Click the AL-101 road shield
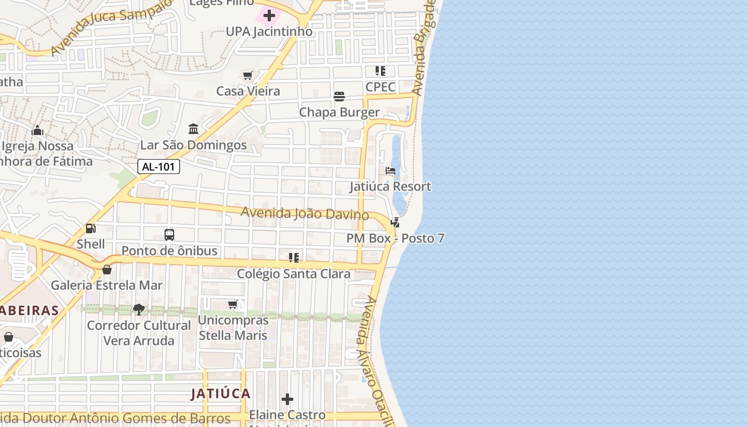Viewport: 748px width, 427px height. tap(159, 167)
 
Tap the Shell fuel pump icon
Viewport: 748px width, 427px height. tap(91, 229)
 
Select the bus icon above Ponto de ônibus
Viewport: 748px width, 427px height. tap(169, 235)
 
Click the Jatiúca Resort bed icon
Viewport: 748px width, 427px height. tap(391, 171)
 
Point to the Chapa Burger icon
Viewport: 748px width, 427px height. tap(339, 97)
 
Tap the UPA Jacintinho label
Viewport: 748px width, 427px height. tap(269, 31)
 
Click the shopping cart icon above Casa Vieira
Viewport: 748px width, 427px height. tap(247, 76)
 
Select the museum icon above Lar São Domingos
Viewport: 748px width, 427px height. tap(193, 129)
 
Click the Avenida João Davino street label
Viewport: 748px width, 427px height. tap(305, 213)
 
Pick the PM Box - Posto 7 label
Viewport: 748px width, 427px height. tap(395, 239)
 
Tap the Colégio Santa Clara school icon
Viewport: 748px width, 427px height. tap(293, 258)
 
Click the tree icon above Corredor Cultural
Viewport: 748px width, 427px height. tap(138, 310)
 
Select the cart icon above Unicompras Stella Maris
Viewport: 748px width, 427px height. tap(232, 305)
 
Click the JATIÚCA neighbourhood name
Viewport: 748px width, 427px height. tap(221, 394)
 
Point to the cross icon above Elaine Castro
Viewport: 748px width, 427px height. tap(287, 399)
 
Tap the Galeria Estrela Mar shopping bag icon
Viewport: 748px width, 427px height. tap(107, 270)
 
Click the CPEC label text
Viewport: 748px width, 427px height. tap(380, 87)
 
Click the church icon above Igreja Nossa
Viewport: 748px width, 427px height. tap(37, 130)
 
